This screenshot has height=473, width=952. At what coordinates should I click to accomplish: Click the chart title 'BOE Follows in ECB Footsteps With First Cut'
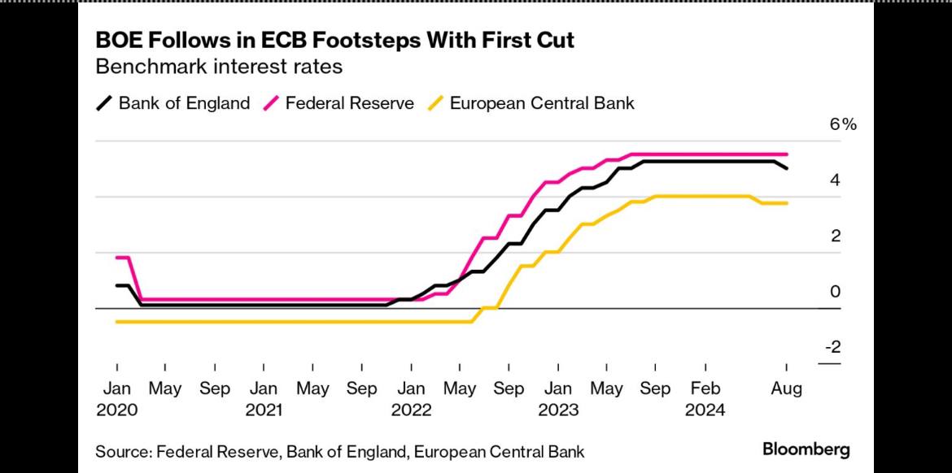(x=335, y=40)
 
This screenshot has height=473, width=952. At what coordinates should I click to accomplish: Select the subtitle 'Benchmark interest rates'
(x=219, y=67)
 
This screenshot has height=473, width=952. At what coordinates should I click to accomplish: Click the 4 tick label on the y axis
(x=834, y=180)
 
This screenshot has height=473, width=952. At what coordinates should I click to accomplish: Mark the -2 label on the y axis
(x=832, y=347)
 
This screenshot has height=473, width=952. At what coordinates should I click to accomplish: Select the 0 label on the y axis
(x=834, y=292)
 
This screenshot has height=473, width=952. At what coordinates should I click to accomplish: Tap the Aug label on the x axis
(x=787, y=388)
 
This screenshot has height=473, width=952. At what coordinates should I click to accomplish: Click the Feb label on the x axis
(x=705, y=388)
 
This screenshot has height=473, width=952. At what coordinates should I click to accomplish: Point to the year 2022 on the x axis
(x=411, y=410)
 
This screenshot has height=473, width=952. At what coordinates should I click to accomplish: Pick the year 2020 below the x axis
(x=116, y=410)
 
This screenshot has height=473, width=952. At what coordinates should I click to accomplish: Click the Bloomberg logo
(x=806, y=449)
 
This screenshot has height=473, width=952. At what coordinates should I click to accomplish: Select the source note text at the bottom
(x=339, y=451)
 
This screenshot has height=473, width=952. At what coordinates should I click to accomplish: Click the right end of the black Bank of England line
(x=787, y=168)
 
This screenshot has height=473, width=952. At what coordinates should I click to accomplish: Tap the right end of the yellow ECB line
(x=787, y=203)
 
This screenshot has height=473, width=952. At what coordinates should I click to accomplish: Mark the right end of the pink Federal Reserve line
(x=787, y=154)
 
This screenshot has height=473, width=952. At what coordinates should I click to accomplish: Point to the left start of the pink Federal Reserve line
(x=117, y=258)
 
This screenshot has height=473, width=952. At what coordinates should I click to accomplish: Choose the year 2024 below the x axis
(x=705, y=410)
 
